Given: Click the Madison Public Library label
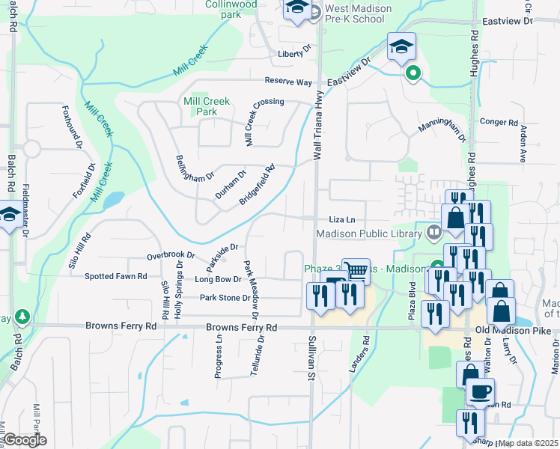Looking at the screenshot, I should point(369,233).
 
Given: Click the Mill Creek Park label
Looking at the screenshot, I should point(200,106).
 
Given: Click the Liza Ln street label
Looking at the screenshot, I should point(341,219).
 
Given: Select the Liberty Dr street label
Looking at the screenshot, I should point(293,53).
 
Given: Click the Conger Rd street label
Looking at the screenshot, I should point(499,122).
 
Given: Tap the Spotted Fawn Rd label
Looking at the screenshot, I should point(116,277).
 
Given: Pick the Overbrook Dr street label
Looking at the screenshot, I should point(171,255).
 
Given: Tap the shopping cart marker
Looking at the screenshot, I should point(356,271).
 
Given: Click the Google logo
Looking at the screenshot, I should point(25,441).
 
